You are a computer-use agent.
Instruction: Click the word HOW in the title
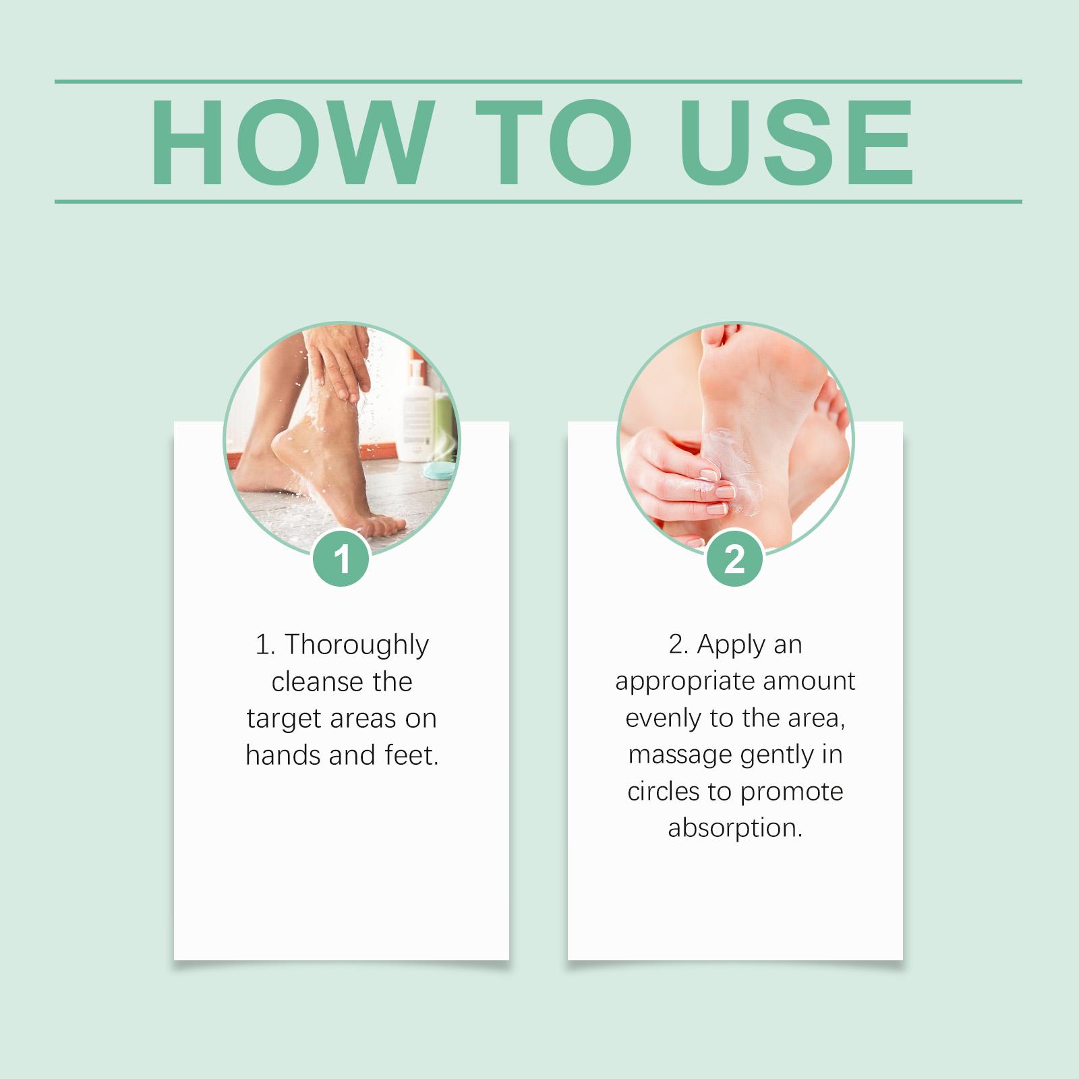point(291,142)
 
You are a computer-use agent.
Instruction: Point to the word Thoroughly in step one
point(356,646)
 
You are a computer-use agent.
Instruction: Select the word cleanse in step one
point(313,682)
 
